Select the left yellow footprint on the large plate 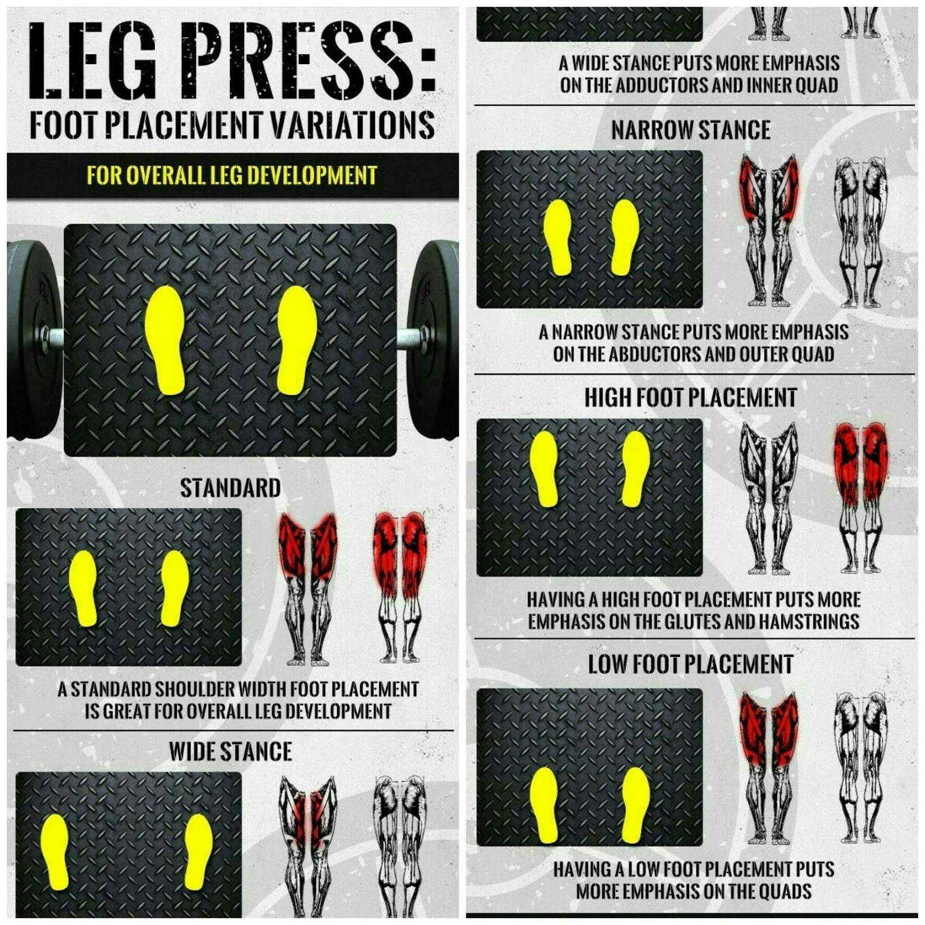(x=165, y=340)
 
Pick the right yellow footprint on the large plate (x=297, y=340)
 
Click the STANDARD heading (x=230, y=489)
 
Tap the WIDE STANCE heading (x=230, y=752)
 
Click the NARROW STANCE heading (x=691, y=130)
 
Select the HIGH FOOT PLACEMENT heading (x=691, y=398)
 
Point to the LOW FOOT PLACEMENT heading (x=691, y=665)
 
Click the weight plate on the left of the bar (x=32, y=338)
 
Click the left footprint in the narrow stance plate (x=558, y=237)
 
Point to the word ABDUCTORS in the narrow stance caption (x=654, y=354)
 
